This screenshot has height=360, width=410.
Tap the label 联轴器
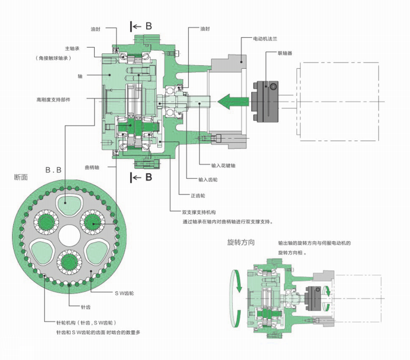284,53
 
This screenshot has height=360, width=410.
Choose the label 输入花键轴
223,166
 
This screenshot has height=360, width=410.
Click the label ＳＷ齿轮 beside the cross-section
123,294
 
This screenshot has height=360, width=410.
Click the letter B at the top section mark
149,26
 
